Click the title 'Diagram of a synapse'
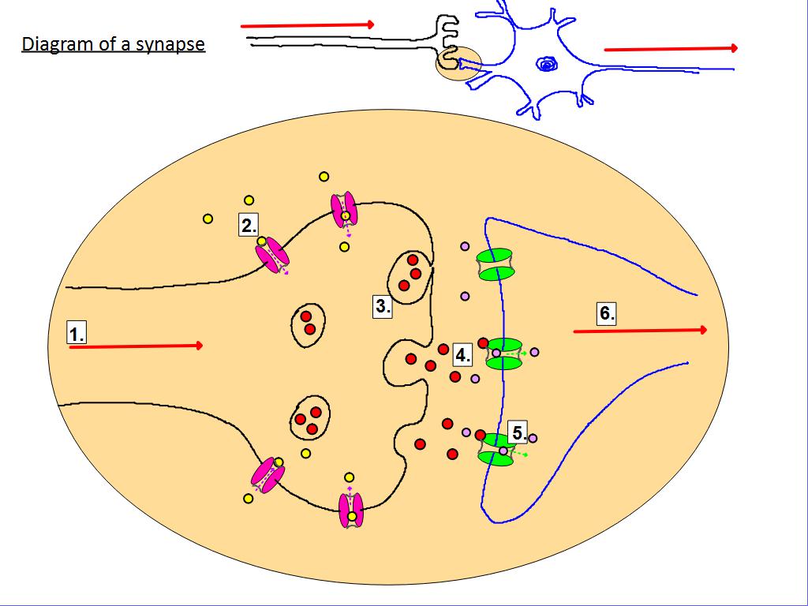coord(113,43)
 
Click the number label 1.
coord(76,334)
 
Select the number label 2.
coord(249,225)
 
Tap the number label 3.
coord(383,307)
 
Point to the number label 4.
coord(462,355)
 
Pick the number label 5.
coord(518,432)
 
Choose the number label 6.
coord(606,313)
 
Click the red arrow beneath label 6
coord(640,331)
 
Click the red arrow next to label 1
coord(136,346)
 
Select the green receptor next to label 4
coord(504,353)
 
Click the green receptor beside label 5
coord(497,449)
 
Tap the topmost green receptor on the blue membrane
coord(496,264)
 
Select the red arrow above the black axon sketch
coord(307,25)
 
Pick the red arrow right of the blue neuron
coord(671,49)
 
